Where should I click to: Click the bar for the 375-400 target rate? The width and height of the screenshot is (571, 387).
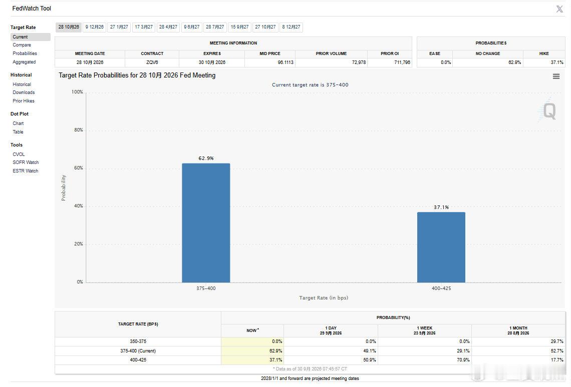(x=206, y=223)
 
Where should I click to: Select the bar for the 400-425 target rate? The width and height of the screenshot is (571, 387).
(x=441, y=247)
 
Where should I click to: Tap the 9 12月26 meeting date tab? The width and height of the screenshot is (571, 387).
(x=94, y=27)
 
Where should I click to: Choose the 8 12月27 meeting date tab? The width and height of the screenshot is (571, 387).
(x=291, y=27)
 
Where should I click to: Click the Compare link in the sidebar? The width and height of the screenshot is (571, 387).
(x=22, y=45)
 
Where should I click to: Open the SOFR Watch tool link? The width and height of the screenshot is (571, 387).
(x=26, y=162)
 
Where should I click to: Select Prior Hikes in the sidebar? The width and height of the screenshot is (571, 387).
(x=24, y=101)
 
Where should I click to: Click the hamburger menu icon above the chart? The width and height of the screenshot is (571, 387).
(x=556, y=76)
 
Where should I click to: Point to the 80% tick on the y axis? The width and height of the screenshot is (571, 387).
(x=79, y=130)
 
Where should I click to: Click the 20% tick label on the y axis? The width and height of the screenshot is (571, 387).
(x=79, y=244)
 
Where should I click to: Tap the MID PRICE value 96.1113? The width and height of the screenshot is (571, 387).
(x=285, y=62)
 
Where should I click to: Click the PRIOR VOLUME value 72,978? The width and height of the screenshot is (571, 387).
(x=359, y=62)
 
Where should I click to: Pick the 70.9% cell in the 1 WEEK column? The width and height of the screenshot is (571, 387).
(x=463, y=360)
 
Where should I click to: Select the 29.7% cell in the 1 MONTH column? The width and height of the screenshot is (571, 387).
(x=557, y=341)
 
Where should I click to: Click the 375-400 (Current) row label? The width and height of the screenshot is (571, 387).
(x=138, y=351)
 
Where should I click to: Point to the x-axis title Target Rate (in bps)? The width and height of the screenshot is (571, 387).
(x=324, y=298)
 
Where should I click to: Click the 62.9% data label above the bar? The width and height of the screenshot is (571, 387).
(x=206, y=158)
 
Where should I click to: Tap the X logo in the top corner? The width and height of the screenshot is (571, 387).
(x=559, y=9)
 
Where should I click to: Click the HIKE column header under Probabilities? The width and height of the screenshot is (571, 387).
(x=544, y=54)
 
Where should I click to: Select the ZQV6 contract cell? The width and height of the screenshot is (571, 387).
(x=152, y=62)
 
